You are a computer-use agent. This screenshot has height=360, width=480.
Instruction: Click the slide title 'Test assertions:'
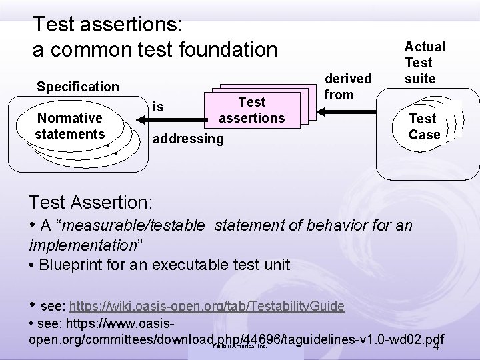tap(113, 25)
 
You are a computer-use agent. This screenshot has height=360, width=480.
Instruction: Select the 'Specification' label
tap(77, 87)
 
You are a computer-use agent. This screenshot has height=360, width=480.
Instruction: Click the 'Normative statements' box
tap(69, 126)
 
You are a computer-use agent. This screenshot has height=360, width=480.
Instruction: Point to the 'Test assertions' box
tap(251, 110)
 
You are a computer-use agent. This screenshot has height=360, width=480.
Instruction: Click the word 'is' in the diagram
tap(158, 106)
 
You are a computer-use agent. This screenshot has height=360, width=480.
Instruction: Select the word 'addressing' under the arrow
tap(189, 139)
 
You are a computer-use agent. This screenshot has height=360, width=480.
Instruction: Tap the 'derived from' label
tap(339, 87)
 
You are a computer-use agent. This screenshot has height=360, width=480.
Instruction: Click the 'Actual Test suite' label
tap(425, 63)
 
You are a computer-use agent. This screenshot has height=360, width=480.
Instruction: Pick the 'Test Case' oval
tap(425, 127)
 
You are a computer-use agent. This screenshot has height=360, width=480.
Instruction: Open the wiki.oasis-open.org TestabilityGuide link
tap(207, 307)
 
